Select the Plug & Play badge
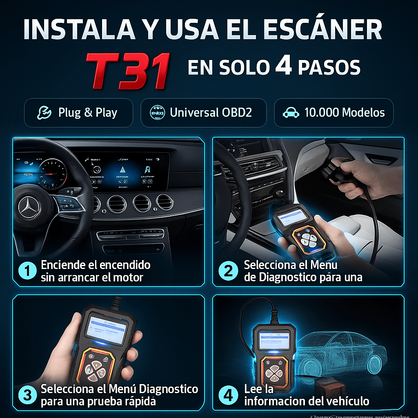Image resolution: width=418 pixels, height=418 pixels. [78, 113]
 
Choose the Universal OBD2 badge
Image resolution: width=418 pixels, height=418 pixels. [203, 113]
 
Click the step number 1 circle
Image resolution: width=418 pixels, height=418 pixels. [28, 271]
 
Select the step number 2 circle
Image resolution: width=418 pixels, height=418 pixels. [228, 271]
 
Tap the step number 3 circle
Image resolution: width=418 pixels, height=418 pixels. [28, 395]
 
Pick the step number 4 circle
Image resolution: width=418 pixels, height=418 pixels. [228, 395]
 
